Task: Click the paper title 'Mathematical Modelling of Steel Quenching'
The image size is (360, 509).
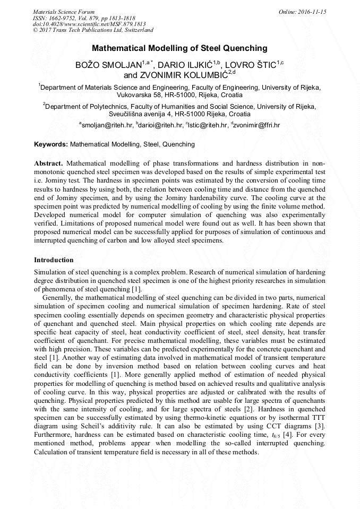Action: tap(179, 48)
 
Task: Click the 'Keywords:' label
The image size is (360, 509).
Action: tap(51, 144)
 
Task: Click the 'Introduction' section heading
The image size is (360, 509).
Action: tap(54, 260)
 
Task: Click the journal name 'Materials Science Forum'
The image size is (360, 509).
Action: tap(64, 12)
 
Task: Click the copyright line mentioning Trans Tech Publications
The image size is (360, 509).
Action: tap(93, 31)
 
